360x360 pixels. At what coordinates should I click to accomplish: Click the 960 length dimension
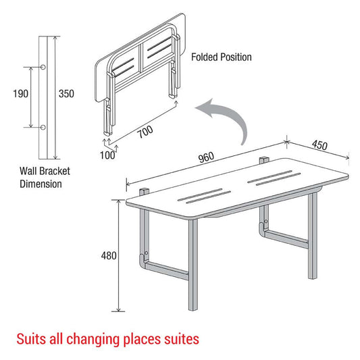[207, 157]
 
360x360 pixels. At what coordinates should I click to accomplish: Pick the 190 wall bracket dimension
[20, 94]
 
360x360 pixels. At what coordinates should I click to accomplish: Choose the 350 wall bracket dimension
[66, 94]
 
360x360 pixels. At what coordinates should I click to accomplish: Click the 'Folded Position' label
[221, 57]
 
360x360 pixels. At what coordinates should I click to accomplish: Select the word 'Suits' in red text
[31, 336]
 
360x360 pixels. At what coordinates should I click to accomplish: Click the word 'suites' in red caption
[181, 336]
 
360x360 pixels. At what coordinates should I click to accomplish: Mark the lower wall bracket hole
[45, 127]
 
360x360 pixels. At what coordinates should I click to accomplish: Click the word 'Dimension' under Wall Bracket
[39, 183]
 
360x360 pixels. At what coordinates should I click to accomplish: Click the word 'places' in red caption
[139, 336]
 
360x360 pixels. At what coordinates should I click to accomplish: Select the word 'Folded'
[205, 57]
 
